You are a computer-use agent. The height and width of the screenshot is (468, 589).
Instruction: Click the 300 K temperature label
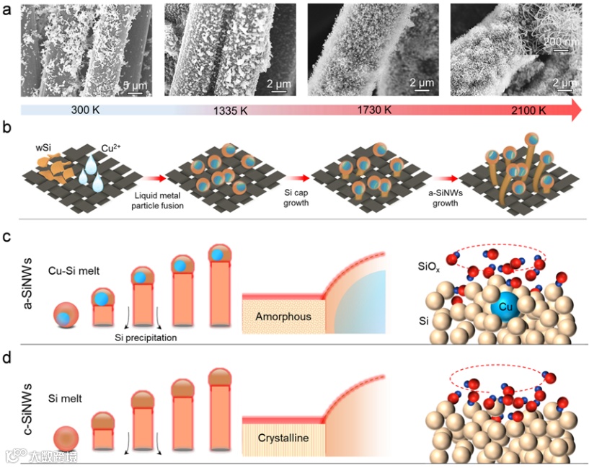[89, 112]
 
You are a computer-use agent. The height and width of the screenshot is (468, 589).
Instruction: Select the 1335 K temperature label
[231, 112]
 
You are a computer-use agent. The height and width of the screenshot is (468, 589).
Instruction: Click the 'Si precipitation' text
[144, 337]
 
